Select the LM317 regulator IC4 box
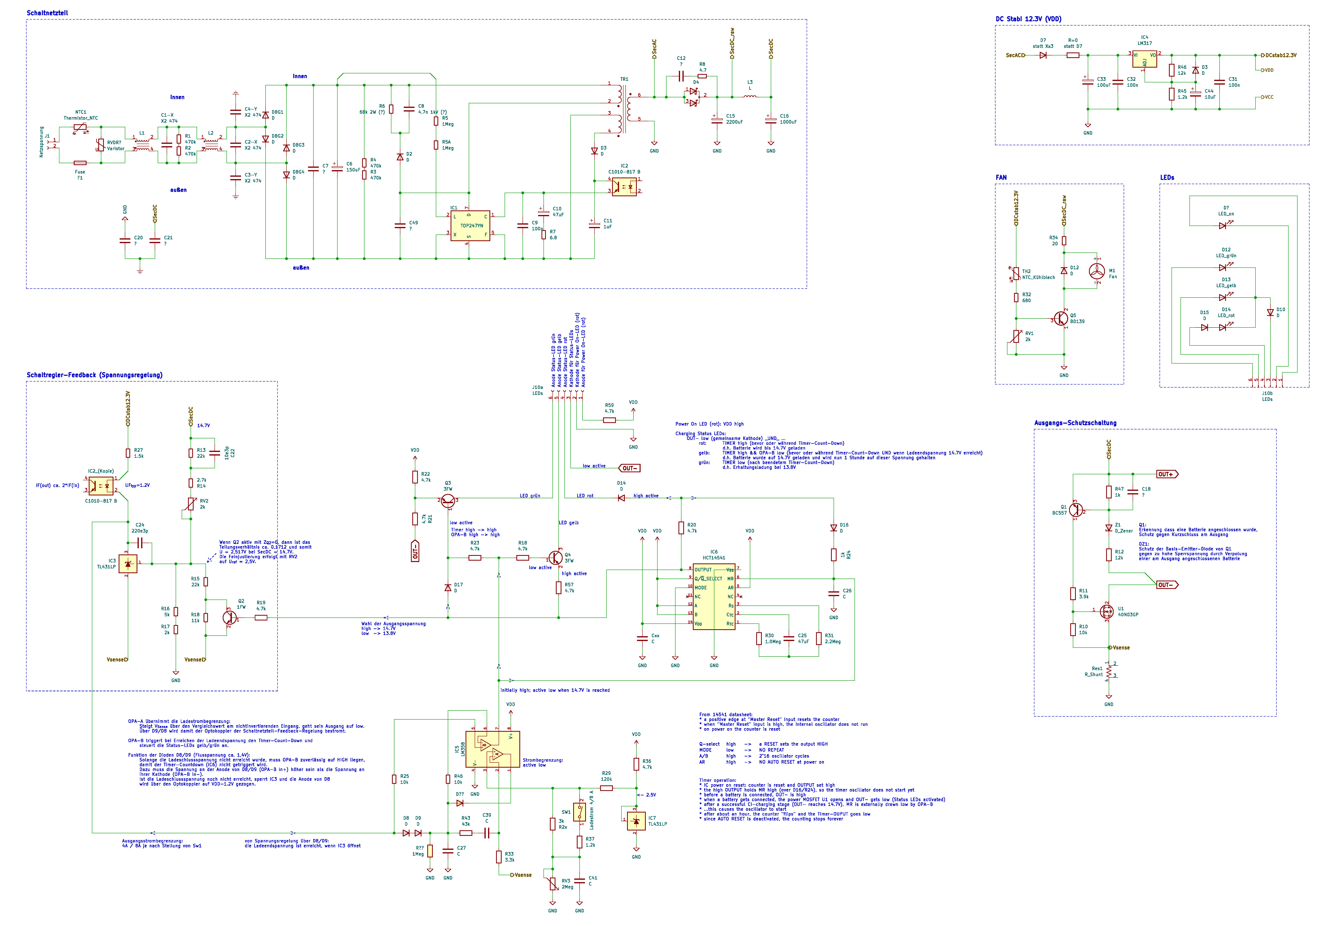(1144, 59)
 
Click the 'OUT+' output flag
(1166, 474)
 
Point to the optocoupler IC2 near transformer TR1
(624, 187)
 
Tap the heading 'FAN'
(1001, 178)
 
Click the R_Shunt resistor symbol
(1109, 672)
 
